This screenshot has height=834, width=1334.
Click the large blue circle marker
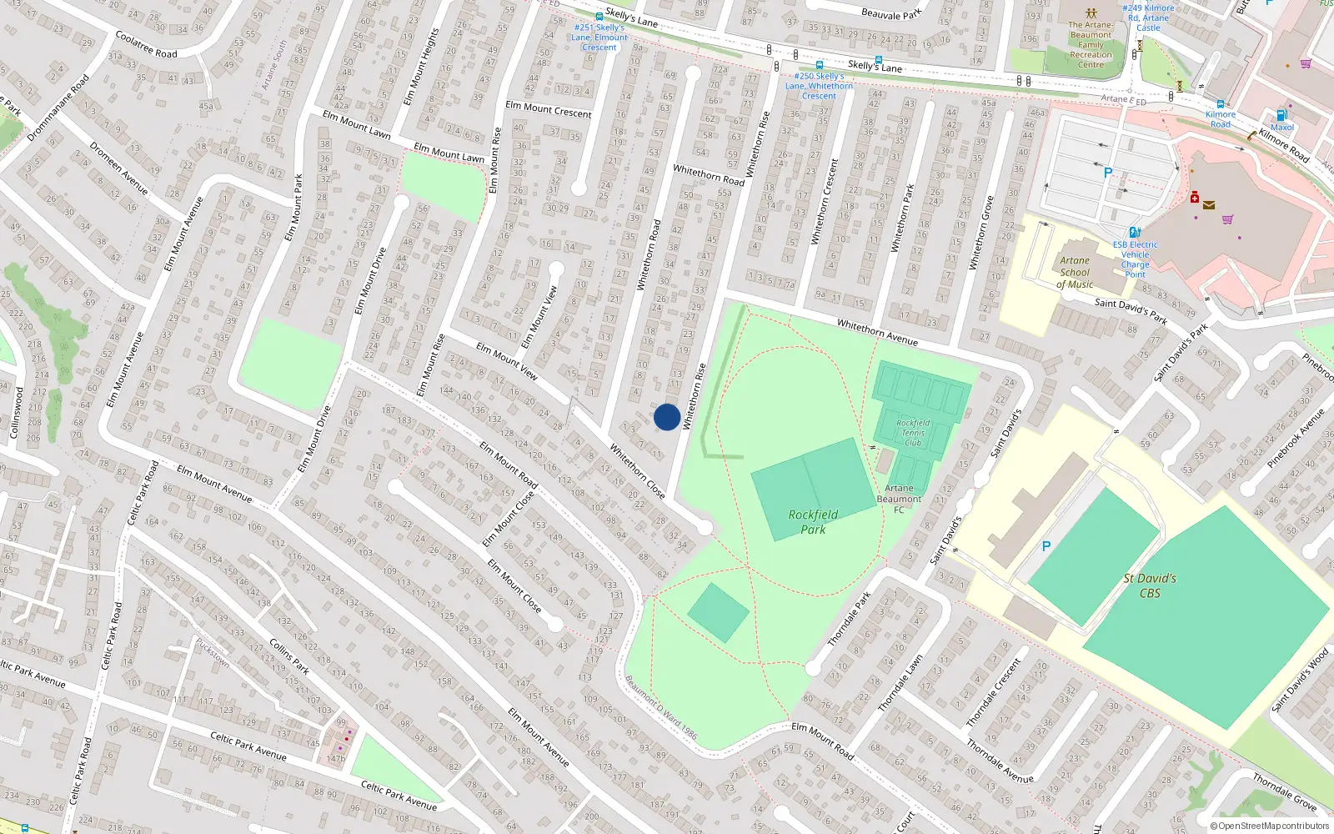[667, 417]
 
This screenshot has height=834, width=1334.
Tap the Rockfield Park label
[813, 522]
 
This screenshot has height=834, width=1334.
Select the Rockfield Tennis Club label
[913, 433]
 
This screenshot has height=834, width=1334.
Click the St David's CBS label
[1150, 585]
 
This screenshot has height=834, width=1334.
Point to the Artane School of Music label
[1075, 273]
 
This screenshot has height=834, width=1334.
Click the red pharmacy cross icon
[1195, 198]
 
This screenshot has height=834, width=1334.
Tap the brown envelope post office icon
[1209, 205]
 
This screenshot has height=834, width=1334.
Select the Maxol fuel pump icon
[1281, 116]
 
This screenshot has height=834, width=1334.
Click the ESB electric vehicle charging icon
[1135, 233]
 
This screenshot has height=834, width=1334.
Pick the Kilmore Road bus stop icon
[1221, 104]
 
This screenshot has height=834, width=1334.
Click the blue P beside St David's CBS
[1046, 546]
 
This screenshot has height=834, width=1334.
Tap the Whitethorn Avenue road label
[877, 332]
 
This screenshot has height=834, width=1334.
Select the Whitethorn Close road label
[637, 471]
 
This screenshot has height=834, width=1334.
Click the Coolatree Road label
[146, 45]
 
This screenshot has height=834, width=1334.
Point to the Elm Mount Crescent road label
[549, 109]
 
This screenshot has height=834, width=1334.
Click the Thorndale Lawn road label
[900, 683]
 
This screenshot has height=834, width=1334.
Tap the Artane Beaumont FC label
[899, 499]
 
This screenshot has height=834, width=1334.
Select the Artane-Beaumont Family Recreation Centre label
[1091, 45]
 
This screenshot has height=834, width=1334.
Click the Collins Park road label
[289, 656]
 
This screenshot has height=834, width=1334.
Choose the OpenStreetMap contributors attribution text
[1269, 826]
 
